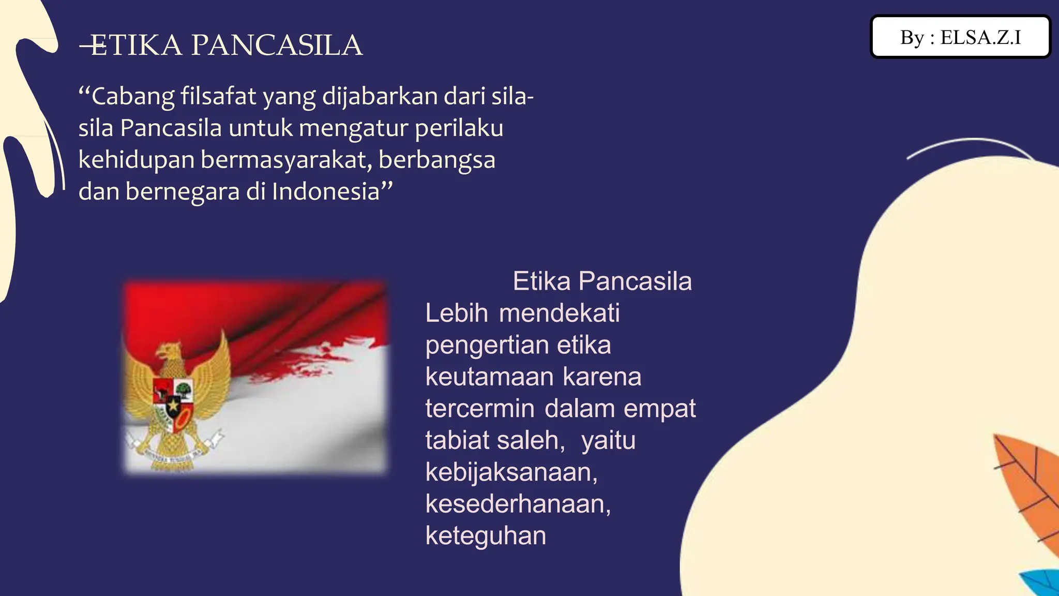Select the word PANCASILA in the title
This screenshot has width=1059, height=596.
(x=277, y=46)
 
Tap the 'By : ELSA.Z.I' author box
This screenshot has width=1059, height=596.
(x=960, y=37)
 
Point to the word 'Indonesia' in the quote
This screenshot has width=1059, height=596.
(x=326, y=191)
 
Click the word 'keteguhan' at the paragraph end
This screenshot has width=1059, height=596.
(x=486, y=536)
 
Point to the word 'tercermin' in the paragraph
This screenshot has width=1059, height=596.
(x=479, y=409)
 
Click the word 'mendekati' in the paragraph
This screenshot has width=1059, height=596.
(x=559, y=313)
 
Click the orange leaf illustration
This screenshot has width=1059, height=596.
(x=1026, y=486)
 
